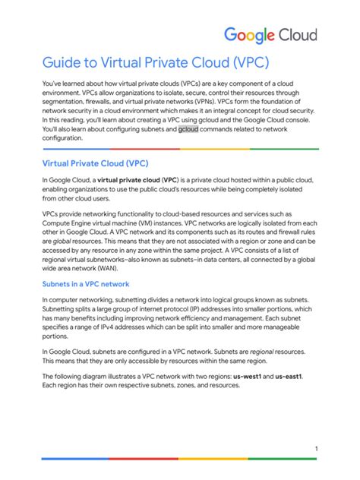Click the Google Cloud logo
270,35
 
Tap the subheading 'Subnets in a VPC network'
87,284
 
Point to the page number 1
315,450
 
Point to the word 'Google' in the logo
250,36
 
